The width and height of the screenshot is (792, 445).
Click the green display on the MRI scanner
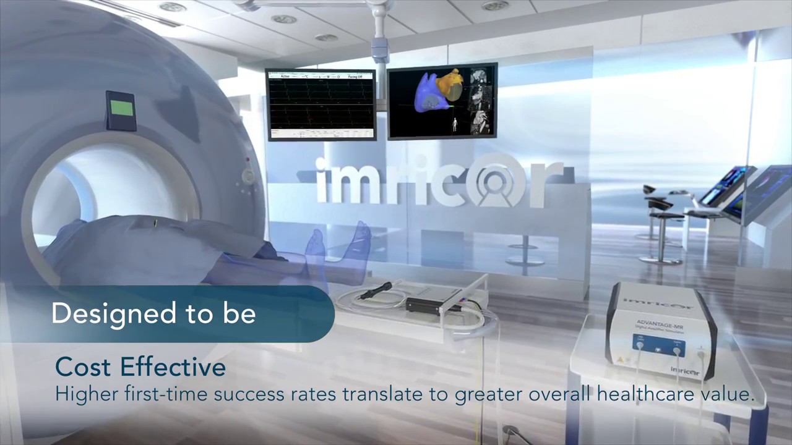[122, 109]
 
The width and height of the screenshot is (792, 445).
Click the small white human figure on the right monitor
[456, 125]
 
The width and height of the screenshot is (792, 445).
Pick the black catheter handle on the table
[378, 289]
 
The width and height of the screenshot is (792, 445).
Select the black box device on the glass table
[433, 302]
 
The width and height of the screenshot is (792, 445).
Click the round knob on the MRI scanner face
[247, 176]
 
